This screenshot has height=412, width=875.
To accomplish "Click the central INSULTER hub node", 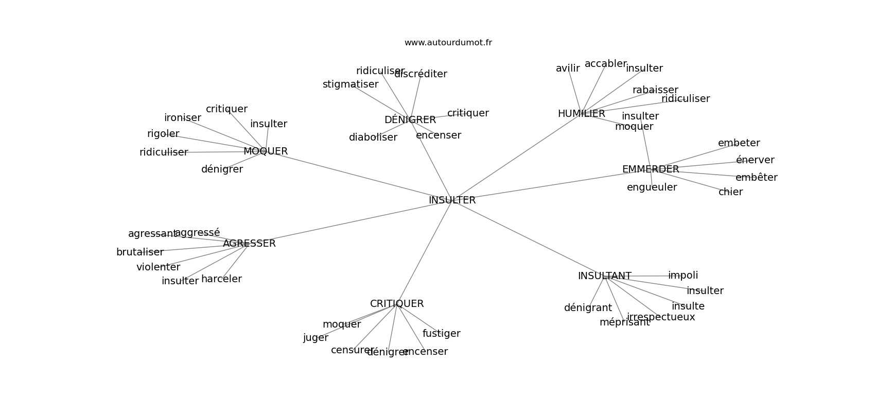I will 452,200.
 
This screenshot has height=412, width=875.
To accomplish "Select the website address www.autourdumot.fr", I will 448,43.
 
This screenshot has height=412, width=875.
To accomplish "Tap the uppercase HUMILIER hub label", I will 581,114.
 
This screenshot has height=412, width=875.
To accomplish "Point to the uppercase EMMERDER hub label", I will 650,169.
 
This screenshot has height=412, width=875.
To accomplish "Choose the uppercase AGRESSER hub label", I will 249,244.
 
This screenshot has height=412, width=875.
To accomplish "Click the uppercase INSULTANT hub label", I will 604,276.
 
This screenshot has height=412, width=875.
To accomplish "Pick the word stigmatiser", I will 350,84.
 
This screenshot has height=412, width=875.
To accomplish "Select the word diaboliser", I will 373,138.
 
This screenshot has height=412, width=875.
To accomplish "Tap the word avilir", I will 567,68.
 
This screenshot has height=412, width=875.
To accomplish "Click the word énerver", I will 755,160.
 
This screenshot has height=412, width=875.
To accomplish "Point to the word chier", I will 730,192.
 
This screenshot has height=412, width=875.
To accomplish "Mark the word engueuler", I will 652,187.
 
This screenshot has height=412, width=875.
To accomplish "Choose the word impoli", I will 682,276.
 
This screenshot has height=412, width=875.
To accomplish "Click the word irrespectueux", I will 660,317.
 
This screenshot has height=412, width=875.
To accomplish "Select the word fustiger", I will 441,334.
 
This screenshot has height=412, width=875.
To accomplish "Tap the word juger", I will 316,338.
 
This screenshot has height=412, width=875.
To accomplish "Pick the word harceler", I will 221,279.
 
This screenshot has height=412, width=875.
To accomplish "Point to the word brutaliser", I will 139,252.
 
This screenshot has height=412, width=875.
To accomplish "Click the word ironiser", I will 182,118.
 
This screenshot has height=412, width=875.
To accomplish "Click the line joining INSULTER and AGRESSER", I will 350,222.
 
